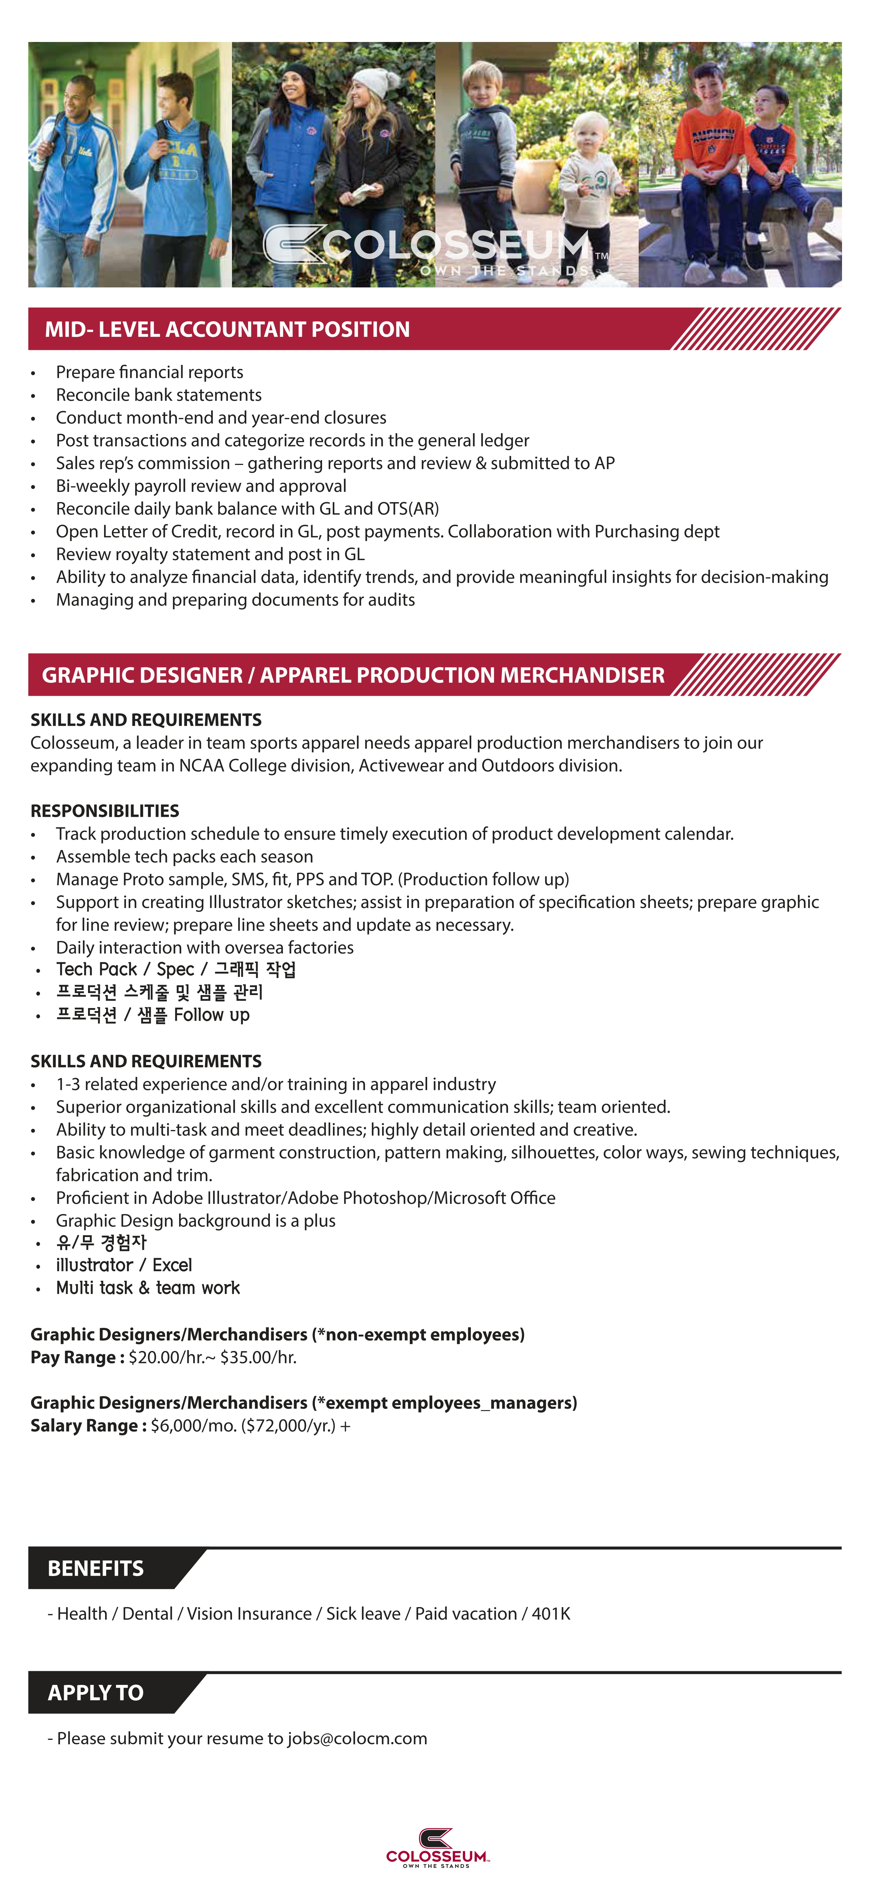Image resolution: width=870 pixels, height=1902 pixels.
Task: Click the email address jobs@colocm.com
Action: coord(357,1738)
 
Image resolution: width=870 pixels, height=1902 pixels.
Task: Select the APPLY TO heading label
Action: coord(96,1692)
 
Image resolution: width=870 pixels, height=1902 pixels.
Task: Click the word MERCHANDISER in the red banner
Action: coord(582,675)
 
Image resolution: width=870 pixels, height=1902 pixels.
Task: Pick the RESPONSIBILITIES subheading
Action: coord(105,811)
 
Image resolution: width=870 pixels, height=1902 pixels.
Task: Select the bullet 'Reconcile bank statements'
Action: coord(159,395)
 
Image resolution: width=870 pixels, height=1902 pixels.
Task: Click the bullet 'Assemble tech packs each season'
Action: coord(185,856)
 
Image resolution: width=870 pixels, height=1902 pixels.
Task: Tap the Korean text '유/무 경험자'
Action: coord(102,1243)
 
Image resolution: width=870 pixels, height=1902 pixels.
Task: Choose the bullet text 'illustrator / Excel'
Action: coord(124,1265)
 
